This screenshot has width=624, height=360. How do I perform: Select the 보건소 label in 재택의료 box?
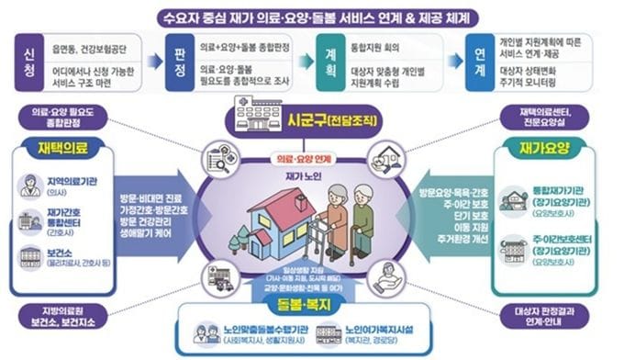tap(57, 249)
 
